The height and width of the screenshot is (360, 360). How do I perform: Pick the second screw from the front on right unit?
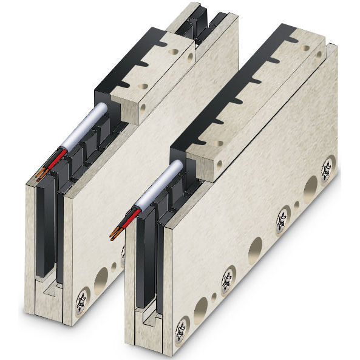click(228, 279)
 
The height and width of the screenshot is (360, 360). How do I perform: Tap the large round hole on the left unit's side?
click(101, 279)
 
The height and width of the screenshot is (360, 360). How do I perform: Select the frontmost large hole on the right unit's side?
click(201, 310)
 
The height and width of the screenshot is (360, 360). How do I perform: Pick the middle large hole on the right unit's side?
click(256, 250)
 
